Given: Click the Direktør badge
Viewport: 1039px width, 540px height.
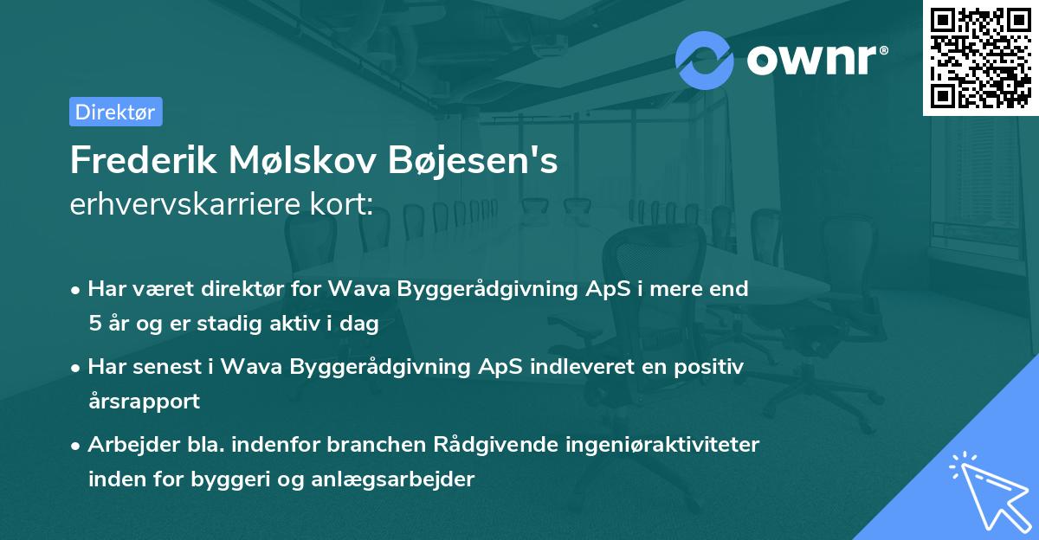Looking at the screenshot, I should pyautogui.click(x=115, y=112).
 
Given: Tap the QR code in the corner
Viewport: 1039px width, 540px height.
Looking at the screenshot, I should pyautogui.click(x=979, y=58).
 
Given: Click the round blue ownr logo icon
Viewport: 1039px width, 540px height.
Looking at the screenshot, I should pyautogui.click(x=705, y=60).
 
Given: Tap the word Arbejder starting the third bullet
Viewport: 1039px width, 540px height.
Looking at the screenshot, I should pyautogui.click(x=126, y=445).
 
